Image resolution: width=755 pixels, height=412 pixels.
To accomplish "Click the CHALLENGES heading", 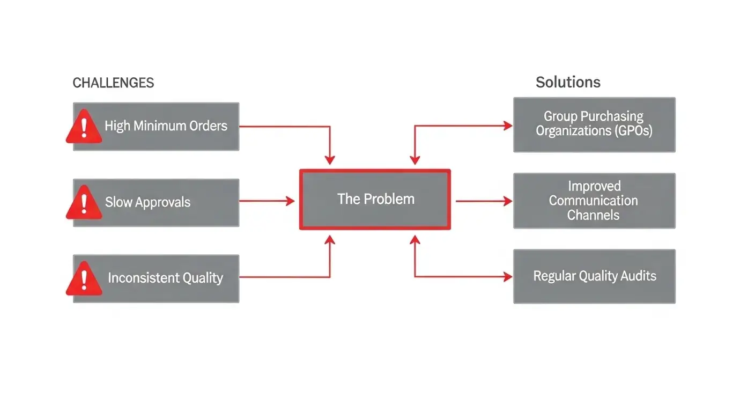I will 113,83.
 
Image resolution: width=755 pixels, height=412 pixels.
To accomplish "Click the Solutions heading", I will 568,82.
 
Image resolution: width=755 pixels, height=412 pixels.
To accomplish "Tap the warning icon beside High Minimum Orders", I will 84,127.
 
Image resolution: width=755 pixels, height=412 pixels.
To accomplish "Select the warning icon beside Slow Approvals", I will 84,202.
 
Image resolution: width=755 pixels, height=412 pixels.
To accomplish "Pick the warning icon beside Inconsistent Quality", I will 84,278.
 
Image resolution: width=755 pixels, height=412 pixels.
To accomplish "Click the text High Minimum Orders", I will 166,126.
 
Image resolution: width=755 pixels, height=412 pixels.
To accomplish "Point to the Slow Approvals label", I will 147,202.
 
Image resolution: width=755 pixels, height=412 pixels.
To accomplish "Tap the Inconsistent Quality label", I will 165,278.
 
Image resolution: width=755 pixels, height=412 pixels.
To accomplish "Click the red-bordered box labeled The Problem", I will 375,199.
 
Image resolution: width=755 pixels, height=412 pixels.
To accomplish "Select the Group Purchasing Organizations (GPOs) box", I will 594,124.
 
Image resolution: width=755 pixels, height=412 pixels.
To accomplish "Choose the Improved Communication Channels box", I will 594,201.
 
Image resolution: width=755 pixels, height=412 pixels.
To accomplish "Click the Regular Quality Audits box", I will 594,276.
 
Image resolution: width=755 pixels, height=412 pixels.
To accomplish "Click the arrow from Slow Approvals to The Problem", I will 267,201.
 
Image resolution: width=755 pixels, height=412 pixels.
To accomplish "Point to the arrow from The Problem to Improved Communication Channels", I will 483,201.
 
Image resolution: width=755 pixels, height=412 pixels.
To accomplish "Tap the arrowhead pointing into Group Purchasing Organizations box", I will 507,126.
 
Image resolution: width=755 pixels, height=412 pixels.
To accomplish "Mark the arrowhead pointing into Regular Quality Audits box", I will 507,277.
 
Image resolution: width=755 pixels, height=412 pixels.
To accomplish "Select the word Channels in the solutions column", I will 593,215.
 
